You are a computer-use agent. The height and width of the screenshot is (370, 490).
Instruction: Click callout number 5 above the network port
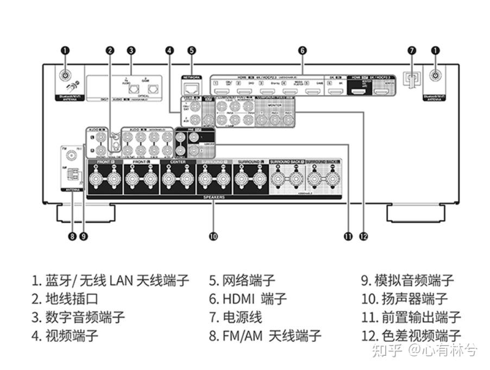tap(192, 51)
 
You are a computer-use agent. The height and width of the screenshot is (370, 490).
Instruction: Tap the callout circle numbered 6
tap(303, 51)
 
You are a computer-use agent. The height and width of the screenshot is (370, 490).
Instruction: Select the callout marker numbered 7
tap(412, 51)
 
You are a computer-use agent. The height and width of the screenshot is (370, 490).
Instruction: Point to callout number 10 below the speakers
tap(213, 236)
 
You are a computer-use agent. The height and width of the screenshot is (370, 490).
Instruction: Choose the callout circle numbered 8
tap(72, 236)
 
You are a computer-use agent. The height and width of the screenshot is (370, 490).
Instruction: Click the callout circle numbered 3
tap(131, 51)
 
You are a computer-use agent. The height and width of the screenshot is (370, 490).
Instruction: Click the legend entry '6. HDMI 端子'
tap(248, 299)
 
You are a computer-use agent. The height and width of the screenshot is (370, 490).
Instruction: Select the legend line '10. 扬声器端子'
tap(405, 299)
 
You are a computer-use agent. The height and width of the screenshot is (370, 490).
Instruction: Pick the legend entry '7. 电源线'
tap(235, 317)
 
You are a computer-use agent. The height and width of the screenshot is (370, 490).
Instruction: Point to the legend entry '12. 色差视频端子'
tap(411, 335)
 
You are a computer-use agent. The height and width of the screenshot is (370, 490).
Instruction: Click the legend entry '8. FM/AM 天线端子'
tap(265, 335)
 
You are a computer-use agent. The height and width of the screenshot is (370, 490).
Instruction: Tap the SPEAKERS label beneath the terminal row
tap(214, 197)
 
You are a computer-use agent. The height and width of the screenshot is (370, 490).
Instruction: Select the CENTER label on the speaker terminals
tap(178, 162)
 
